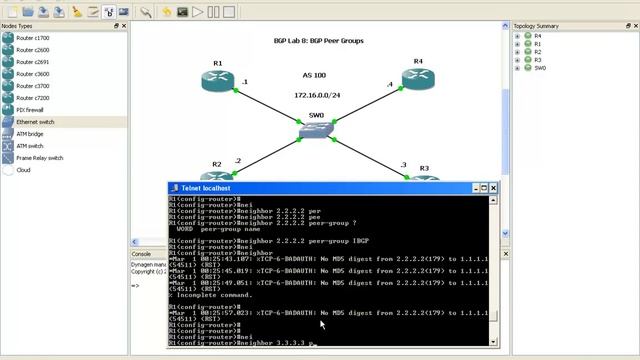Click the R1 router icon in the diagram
(218, 82)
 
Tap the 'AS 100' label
(314, 75)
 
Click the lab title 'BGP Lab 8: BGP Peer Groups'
(319, 41)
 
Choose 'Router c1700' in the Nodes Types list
(32, 37)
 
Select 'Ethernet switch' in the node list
(35, 122)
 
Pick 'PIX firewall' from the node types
(30, 109)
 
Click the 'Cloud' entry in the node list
(23, 170)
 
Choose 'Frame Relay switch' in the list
(39, 158)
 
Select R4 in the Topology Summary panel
(538, 36)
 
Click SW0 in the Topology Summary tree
(540, 68)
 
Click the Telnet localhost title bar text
(206, 188)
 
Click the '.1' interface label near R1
(244, 81)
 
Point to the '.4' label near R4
(390, 85)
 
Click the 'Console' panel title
(142, 254)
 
